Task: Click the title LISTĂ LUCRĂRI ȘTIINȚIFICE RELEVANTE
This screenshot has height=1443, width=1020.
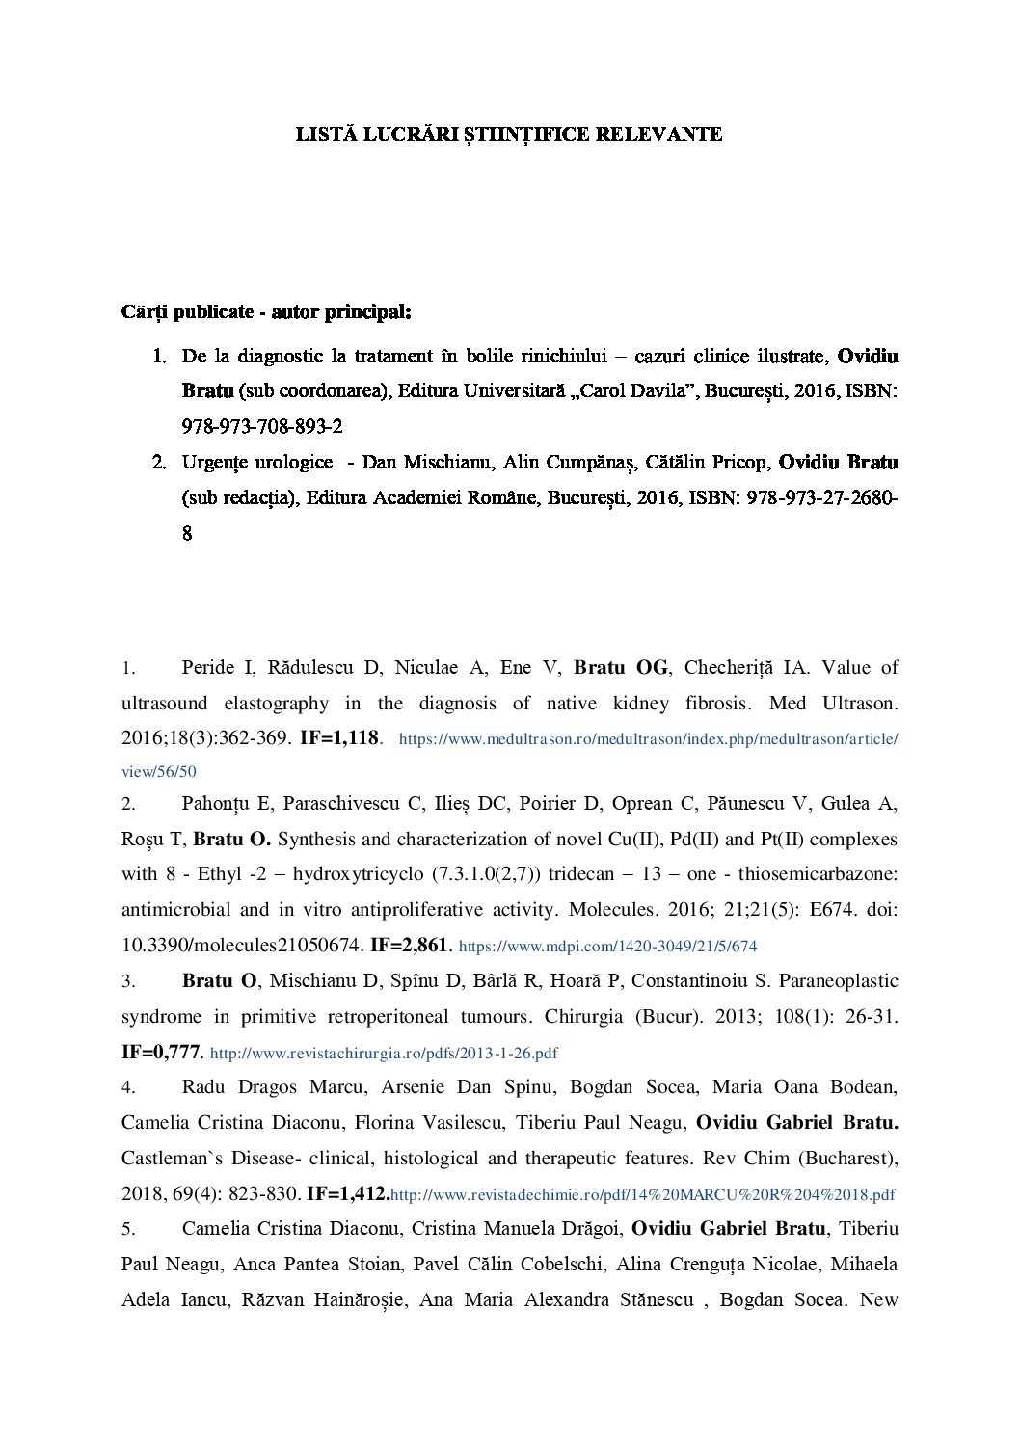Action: tap(509, 135)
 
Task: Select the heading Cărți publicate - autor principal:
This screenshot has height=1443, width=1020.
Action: tap(266, 312)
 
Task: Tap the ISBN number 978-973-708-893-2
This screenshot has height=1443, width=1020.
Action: tap(262, 426)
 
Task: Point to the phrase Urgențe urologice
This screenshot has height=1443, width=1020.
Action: tap(257, 463)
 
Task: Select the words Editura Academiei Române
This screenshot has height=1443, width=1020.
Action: tap(424, 498)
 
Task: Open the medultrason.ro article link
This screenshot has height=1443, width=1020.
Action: tap(648, 740)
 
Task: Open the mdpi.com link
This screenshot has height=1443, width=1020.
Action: tap(607, 947)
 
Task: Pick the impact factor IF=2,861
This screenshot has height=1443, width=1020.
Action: tap(409, 946)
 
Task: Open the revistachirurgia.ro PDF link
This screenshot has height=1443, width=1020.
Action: tap(384, 1053)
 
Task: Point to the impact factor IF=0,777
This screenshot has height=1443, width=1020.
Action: tap(160, 1052)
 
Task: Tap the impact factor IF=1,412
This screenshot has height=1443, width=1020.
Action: tap(347, 1194)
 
